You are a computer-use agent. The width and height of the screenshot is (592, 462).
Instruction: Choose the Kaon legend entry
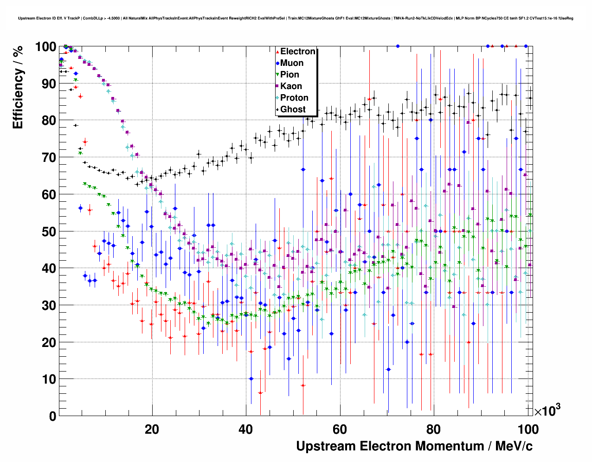coord(291,86)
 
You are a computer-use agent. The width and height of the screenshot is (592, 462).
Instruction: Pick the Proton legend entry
coord(294,98)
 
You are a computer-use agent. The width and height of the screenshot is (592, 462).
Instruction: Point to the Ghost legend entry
coord(293,109)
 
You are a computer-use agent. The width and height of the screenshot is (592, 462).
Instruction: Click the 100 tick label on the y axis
coord(45,46)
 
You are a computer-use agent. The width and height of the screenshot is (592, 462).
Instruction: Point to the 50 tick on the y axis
coord(49,231)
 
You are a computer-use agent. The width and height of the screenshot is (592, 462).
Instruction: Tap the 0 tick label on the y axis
coord(52,416)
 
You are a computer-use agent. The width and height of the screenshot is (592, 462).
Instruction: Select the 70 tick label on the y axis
coord(49,157)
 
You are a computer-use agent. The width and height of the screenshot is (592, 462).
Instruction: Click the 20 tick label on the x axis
coord(152,430)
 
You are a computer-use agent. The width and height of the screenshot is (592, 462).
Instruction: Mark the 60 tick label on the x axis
coord(340,430)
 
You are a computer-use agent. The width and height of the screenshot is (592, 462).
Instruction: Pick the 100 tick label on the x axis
coord(528,430)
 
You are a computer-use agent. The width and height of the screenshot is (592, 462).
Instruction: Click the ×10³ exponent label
coord(547,411)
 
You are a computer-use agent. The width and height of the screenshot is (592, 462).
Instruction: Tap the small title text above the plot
coord(296,19)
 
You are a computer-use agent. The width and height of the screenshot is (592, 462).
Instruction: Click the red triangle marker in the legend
coord(277,51)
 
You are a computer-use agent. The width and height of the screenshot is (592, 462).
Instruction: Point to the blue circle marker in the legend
coord(277,63)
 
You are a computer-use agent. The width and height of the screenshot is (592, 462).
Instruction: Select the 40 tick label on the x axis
coord(245,430)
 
